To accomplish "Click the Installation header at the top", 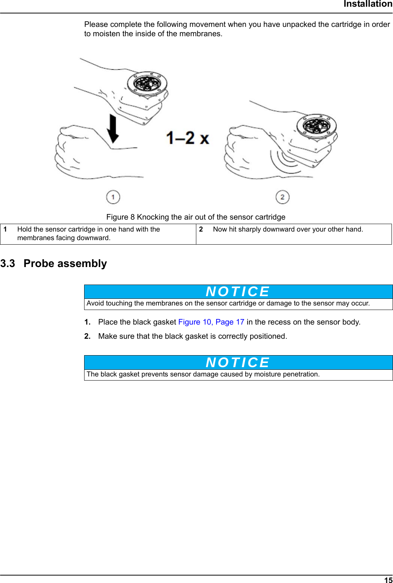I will pyautogui.click(x=368, y=4).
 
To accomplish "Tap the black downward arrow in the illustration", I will pyautogui.click(x=113, y=129).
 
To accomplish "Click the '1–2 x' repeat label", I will pyautogui.click(x=187, y=138).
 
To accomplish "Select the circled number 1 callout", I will pyautogui.click(x=113, y=197).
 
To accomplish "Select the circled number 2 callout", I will pyautogui.click(x=282, y=197).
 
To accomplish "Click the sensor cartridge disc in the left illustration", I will pyautogui.click(x=147, y=83).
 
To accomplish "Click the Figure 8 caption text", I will pyautogui.click(x=196, y=217).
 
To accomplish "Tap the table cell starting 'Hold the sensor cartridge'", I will pyautogui.click(x=89, y=233).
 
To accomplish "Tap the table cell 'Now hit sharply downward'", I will pyautogui.click(x=288, y=229).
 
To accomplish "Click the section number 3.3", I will pyautogui.click(x=8, y=264).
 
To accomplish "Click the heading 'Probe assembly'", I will pyautogui.click(x=65, y=264).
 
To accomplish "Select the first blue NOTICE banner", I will pyautogui.click(x=238, y=292).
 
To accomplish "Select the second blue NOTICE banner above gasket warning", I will pyautogui.click(x=238, y=363).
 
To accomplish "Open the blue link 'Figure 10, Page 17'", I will pyautogui.click(x=211, y=322).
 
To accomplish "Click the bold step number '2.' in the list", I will pyautogui.click(x=87, y=336).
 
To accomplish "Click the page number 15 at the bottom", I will pyautogui.click(x=388, y=580).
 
